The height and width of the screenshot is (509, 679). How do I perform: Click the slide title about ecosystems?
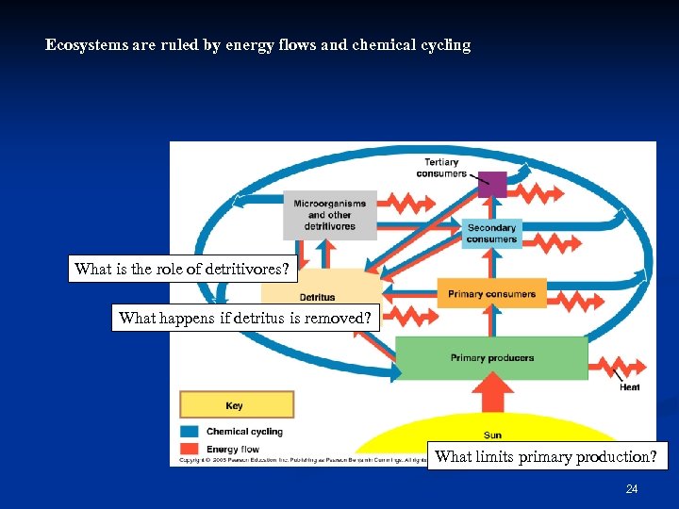pyautogui.click(x=257, y=44)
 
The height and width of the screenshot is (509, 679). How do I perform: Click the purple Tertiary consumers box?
pyautogui.click(x=491, y=184)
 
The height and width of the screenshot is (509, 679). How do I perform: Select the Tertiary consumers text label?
pyautogui.click(x=440, y=168)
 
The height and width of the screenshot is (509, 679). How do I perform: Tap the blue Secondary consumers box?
pyautogui.click(x=491, y=233)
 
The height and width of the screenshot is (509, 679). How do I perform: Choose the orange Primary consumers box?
pyautogui.click(x=491, y=293)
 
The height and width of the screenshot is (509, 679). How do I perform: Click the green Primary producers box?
pyautogui.click(x=491, y=358)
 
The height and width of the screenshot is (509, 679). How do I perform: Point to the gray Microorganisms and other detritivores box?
pyautogui.click(x=330, y=215)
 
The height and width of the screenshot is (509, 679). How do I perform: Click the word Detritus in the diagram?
pyautogui.click(x=316, y=297)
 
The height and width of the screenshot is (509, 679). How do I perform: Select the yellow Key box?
pyautogui.click(x=236, y=405)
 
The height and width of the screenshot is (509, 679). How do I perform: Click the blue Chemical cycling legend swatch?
pyautogui.click(x=189, y=432)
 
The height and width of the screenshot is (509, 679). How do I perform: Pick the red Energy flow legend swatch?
pyautogui.click(x=189, y=450)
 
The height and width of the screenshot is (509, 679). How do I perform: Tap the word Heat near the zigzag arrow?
pyautogui.click(x=629, y=387)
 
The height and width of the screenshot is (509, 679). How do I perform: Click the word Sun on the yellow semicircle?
pyautogui.click(x=492, y=435)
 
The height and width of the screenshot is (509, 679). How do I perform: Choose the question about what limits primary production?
pyautogui.click(x=546, y=457)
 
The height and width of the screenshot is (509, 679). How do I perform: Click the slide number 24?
pyautogui.click(x=632, y=489)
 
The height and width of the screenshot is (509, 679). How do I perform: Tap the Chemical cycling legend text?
pyautogui.click(x=244, y=432)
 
